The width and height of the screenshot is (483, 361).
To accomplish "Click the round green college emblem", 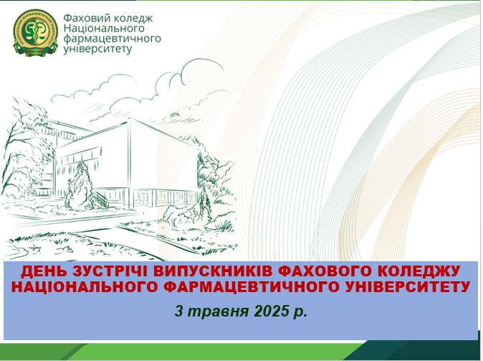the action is tap(35, 33).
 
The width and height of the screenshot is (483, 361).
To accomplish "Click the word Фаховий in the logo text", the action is tap(83, 18).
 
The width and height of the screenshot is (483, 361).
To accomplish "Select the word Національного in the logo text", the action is tap(104, 28).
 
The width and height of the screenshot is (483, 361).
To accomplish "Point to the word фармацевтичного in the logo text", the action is tap(112, 39).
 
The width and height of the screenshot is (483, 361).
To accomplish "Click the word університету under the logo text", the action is tap(97, 49).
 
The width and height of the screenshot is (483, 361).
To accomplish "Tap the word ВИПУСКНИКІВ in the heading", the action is tap(213, 271).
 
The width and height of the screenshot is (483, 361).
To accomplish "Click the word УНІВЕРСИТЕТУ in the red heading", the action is tap(406, 286).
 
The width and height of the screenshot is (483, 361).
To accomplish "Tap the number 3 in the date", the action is tap(178, 311).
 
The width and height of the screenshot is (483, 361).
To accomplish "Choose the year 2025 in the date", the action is tap(270, 311).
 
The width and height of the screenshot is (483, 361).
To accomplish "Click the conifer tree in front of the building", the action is tap(80, 186).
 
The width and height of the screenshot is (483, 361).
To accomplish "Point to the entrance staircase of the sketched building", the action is tap(101, 199).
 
